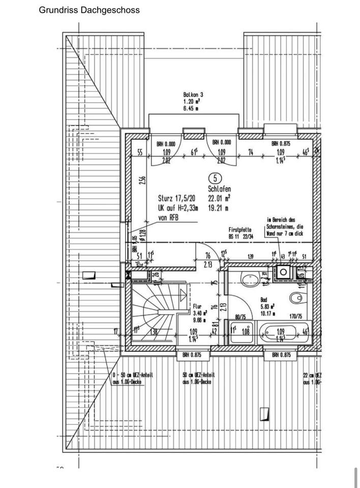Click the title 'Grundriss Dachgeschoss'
pyautogui.click(x=89, y=10)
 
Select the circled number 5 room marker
pyautogui.click(x=215, y=178)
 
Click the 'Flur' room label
pyautogui.click(x=198, y=307)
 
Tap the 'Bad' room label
pyautogui.click(x=264, y=300)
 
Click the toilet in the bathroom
pyautogui.click(x=295, y=297)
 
